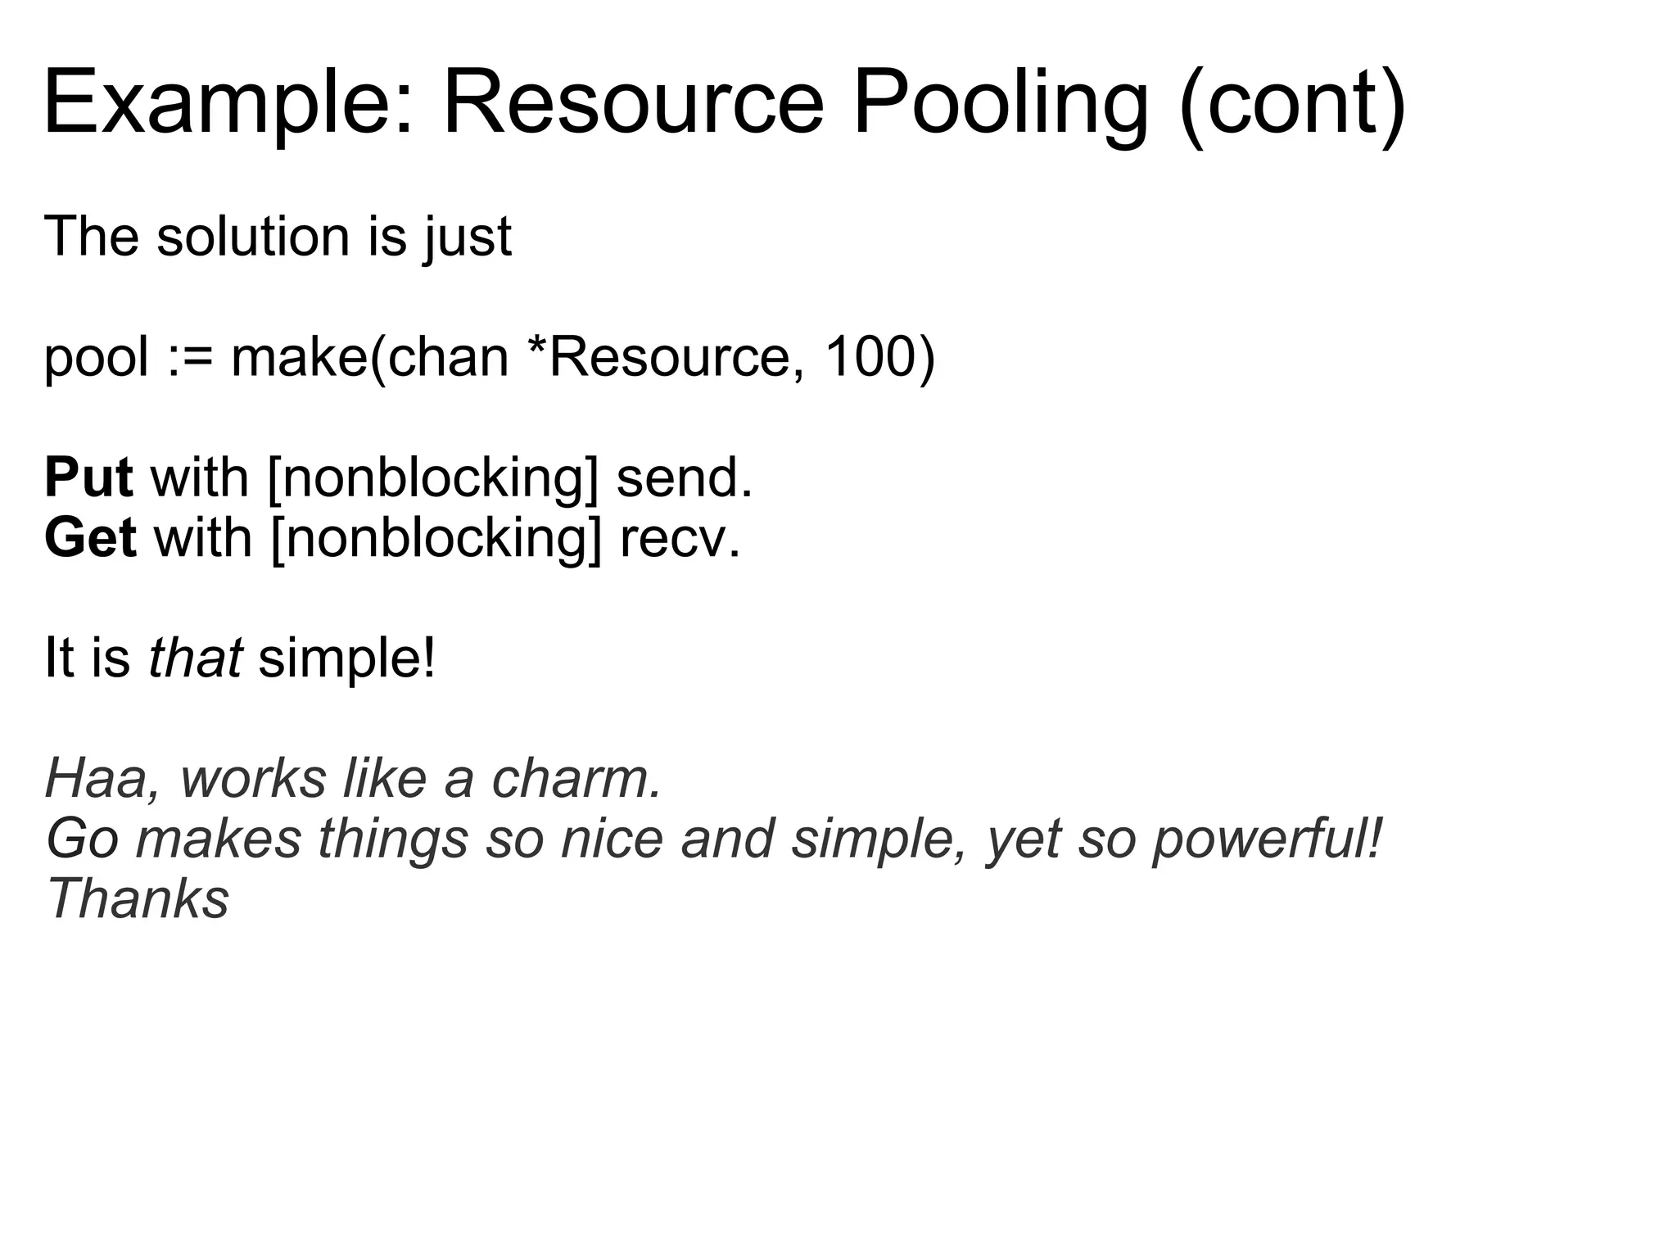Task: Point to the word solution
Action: pyautogui.click(x=254, y=238)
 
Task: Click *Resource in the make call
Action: pyautogui.click(x=667, y=359)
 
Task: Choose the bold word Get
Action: pyautogui.click(x=90, y=538)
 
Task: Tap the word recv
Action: pyautogui.click(x=680, y=538)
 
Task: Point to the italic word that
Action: pyautogui.click(x=195, y=658)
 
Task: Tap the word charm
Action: pyautogui.click(x=576, y=779)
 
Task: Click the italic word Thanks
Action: pyautogui.click(x=138, y=899)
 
